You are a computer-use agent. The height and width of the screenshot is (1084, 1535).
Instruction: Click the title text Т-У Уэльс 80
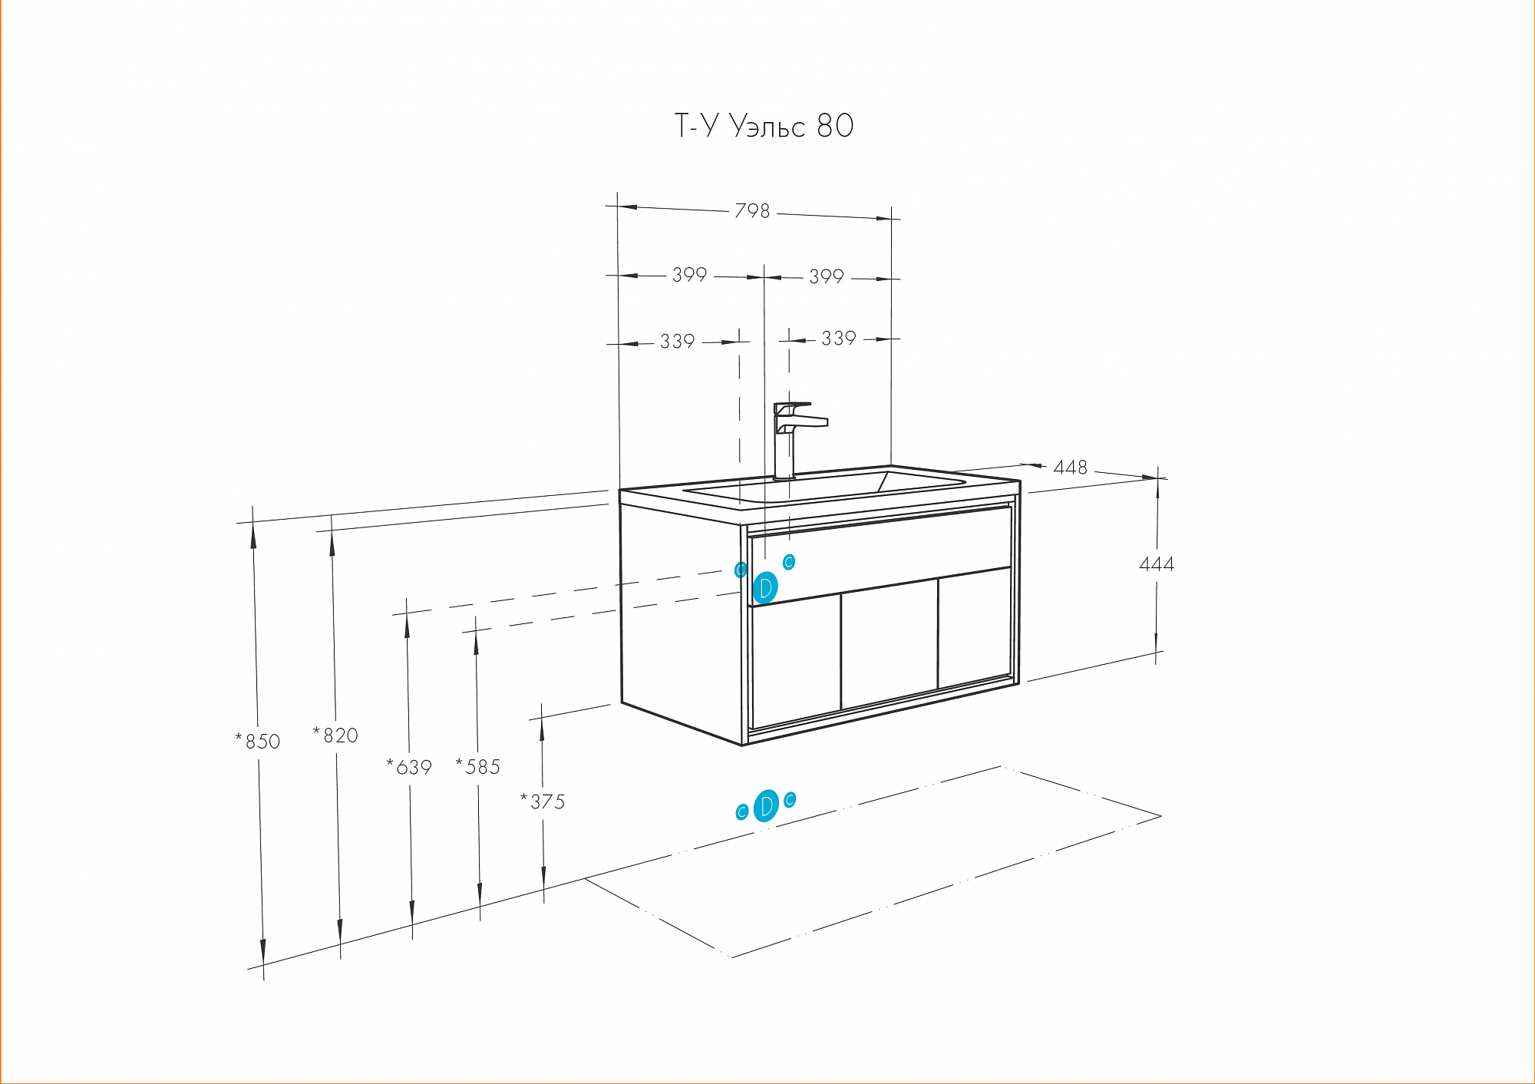(x=764, y=125)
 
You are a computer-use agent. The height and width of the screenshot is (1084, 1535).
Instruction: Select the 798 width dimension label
(x=752, y=210)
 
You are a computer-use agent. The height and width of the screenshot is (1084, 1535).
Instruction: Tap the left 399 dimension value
(x=689, y=275)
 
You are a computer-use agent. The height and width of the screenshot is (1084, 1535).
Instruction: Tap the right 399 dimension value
(x=827, y=276)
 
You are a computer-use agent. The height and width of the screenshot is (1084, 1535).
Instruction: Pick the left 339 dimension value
(x=678, y=342)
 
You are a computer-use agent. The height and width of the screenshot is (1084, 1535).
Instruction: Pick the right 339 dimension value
(x=839, y=339)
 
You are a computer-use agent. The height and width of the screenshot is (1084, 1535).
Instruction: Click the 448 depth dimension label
(x=1071, y=468)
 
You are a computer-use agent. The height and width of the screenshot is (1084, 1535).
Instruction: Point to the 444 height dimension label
(x=1157, y=564)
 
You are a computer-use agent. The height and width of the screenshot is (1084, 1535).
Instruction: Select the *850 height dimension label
(x=258, y=741)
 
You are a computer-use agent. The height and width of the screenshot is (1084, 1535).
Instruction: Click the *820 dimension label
(x=335, y=735)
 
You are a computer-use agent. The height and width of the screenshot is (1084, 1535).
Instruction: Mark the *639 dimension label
(x=409, y=766)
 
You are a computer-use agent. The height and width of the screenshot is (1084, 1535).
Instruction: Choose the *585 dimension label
(x=477, y=766)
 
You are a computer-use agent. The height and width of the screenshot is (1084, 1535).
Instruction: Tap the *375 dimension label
(x=543, y=801)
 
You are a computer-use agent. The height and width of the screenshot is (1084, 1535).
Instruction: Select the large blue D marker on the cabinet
(x=765, y=588)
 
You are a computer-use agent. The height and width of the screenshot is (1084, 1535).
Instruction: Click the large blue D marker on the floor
(x=766, y=806)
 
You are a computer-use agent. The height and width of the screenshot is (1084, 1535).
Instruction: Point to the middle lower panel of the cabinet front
(x=890, y=643)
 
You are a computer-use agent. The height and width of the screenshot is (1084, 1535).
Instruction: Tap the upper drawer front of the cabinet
(x=880, y=555)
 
